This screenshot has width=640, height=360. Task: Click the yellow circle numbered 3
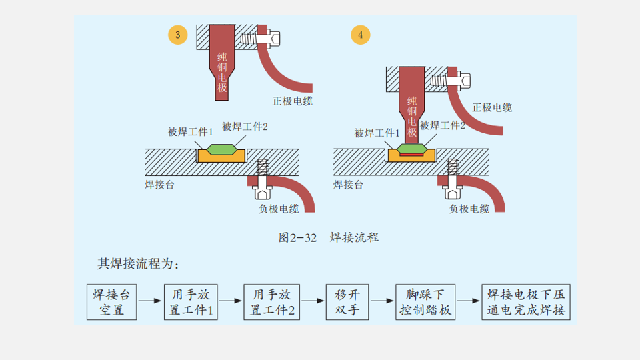(x=177, y=35)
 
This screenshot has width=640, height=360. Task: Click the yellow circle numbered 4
(x=361, y=35)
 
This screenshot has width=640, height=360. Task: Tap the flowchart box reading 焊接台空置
(x=112, y=303)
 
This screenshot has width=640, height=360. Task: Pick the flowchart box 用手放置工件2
(x=271, y=303)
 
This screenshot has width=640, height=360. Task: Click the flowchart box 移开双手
(x=347, y=303)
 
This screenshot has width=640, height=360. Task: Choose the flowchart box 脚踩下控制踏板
(x=425, y=303)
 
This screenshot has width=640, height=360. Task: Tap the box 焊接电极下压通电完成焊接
(x=526, y=303)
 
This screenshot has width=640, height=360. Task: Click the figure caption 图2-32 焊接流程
(x=329, y=237)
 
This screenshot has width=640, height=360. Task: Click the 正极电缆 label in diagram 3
(x=292, y=101)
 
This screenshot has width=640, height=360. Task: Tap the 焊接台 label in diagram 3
(x=160, y=185)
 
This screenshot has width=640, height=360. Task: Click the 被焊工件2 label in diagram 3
(x=245, y=126)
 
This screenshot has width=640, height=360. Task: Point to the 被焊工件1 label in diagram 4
(x=377, y=132)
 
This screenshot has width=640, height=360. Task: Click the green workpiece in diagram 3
(x=221, y=148)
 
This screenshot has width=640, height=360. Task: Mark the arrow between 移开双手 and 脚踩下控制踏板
(x=383, y=301)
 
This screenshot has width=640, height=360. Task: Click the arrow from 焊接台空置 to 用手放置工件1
(x=151, y=301)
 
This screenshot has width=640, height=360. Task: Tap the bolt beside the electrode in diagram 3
(x=257, y=39)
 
